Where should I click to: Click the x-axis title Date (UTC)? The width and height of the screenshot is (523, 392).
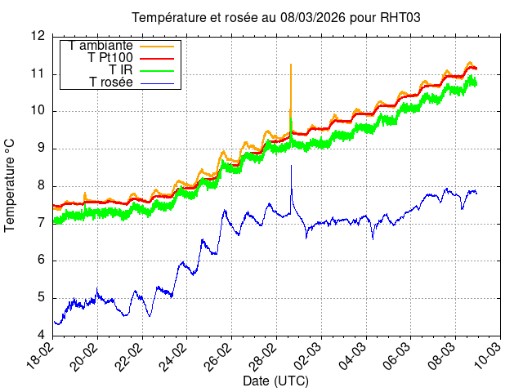tap(275, 381)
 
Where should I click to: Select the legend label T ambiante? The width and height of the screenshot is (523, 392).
tap(101, 46)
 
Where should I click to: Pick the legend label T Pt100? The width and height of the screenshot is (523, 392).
tap(110, 58)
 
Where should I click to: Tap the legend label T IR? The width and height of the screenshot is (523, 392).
tap(121, 70)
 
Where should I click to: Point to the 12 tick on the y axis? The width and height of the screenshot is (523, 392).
tap(38, 36)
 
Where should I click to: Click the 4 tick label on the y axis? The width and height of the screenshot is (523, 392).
tap(41, 336)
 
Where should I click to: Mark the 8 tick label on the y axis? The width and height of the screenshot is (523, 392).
tap(41, 185)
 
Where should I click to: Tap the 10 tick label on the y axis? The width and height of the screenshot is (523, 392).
tap(38, 111)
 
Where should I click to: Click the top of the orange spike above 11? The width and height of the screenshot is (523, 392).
tap(291, 64)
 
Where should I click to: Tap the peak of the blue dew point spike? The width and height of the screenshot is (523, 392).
tap(291, 166)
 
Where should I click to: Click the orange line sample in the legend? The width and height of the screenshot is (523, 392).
tap(157, 46)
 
